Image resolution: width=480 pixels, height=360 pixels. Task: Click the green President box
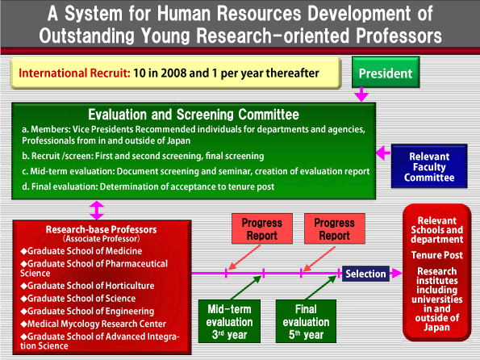(386, 72)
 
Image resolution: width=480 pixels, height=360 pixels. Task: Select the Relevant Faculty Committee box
(429, 166)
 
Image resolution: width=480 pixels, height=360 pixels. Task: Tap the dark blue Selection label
(365, 274)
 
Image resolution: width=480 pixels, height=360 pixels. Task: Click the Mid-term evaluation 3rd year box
(229, 321)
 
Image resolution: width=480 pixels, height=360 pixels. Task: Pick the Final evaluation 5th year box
(306, 321)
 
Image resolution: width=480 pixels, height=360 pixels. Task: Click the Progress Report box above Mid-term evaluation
(262, 228)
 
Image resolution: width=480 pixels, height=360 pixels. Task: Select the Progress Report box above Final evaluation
(335, 228)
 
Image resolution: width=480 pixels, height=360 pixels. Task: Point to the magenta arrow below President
(361, 94)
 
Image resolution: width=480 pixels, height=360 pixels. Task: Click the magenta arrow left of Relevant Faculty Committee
(383, 153)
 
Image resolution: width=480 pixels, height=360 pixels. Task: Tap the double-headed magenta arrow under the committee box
(97, 210)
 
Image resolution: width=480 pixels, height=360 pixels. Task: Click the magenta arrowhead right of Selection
(396, 273)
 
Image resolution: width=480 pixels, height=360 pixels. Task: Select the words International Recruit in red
(74, 73)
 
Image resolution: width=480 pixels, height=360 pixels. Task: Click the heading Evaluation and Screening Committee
(194, 115)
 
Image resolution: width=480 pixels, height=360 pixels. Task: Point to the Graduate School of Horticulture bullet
(87, 286)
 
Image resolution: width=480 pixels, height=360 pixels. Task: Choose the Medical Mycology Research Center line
(93, 324)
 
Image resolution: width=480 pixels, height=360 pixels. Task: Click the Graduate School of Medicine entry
(81, 251)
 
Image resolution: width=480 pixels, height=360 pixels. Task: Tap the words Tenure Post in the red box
(436, 255)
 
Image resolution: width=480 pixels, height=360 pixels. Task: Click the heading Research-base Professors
(101, 229)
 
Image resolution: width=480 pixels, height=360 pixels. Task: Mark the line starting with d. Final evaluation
(148, 186)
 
